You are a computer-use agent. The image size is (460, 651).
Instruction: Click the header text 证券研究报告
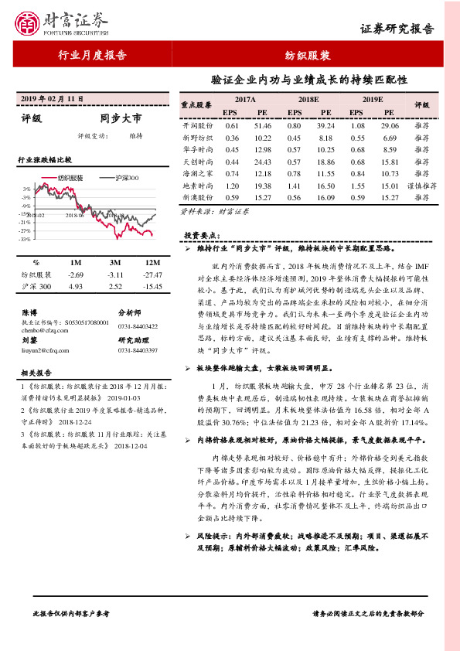(397, 29)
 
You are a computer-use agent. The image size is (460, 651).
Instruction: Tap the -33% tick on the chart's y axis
(26, 240)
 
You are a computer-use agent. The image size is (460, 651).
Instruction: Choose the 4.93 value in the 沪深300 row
(76, 287)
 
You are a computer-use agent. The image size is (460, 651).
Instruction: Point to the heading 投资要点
(202, 234)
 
